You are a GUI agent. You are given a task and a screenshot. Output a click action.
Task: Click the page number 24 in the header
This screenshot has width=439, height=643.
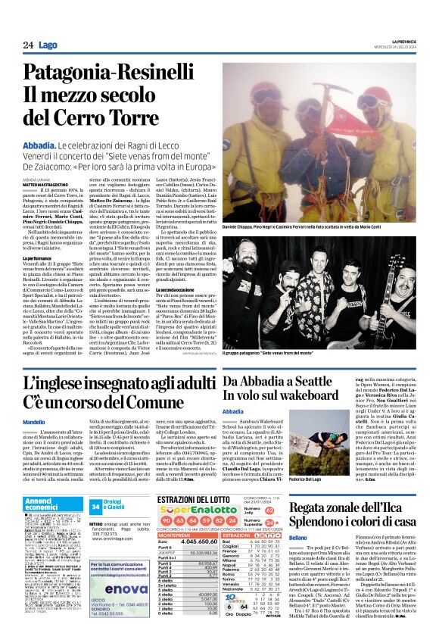click(28, 45)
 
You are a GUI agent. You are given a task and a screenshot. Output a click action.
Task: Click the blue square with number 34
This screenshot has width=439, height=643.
click(96, 506)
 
